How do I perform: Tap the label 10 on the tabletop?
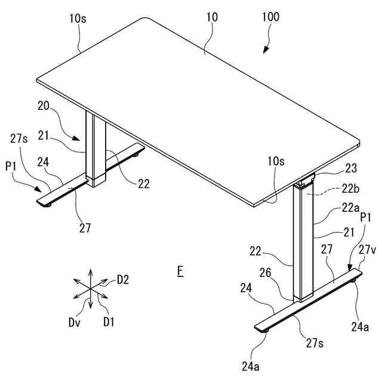(212, 17)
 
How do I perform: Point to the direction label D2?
(122, 279)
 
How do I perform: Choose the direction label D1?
(108, 322)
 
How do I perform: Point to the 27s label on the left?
(19, 138)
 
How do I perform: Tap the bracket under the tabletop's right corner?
(306, 180)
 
